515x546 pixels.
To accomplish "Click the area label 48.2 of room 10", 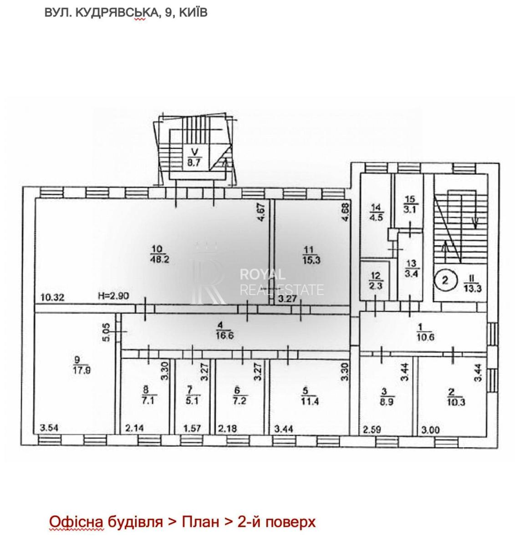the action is pos(160,259).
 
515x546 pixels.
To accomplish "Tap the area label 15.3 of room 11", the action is pos(311,259).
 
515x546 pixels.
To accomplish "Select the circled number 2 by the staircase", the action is pos(445,280).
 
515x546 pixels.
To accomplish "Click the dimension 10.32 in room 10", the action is pos(52,297).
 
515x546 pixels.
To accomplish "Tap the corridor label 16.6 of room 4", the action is pos(225,335).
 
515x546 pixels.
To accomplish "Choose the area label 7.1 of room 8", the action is pos(148,400).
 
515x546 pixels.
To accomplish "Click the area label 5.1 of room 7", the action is pos(192,400).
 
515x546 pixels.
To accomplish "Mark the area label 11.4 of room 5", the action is pos(310,401).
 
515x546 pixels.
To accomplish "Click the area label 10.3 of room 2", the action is pos(456,402).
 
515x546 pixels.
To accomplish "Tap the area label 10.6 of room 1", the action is pos(425,337).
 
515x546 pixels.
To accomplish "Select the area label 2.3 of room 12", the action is pos(376,286).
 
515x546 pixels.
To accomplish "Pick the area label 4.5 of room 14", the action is pos(376,217).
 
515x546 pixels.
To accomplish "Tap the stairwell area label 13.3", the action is pos(472,288).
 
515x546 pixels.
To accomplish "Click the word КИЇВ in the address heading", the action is pos(193,13).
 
